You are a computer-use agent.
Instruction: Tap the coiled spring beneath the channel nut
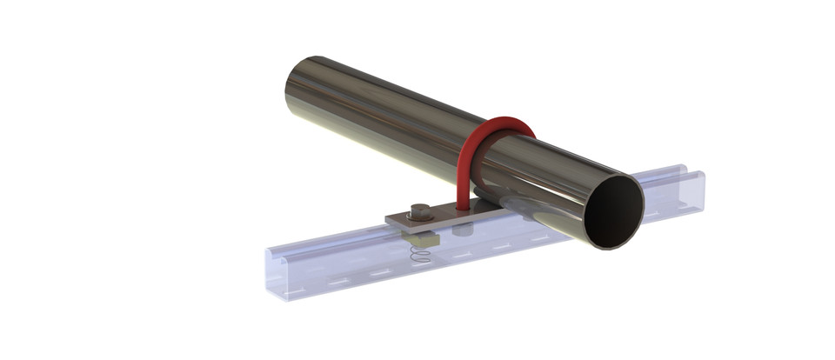tap(419, 257)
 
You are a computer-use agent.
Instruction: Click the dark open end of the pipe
tap(612, 212)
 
